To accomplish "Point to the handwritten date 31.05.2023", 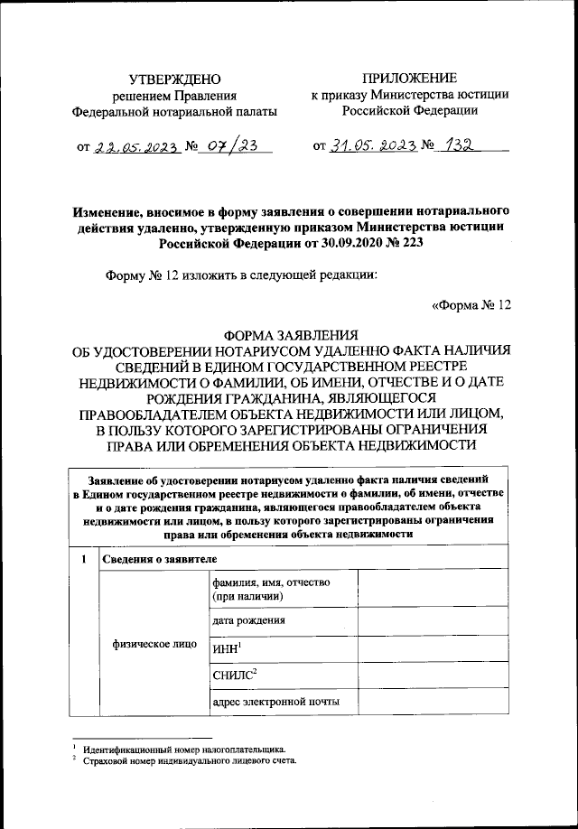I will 372,146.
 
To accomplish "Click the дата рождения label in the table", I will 249,620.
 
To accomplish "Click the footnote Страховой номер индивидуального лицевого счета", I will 190,760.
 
